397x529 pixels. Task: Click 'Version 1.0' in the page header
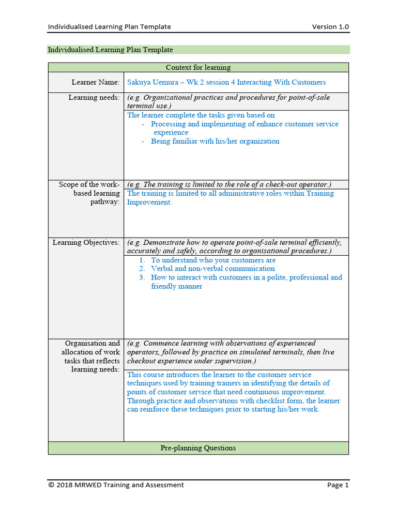pos(330,27)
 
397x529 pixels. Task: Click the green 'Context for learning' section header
pos(198,68)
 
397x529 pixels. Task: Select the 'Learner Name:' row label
pos(96,82)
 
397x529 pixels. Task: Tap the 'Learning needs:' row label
pos(94,98)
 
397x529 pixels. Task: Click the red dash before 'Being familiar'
pos(143,142)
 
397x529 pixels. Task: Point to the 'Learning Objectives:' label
pos(86,242)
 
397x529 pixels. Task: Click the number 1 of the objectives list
pos(142,260)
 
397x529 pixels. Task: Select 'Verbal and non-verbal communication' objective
pos(212,269)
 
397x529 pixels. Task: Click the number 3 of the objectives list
pos(142,277)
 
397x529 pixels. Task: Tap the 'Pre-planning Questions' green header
pos(198,448)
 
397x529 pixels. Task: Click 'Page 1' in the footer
pos(338,485)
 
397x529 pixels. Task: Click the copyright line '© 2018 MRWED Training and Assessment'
pos(116,485)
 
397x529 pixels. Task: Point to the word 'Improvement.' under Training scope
pos(149,203)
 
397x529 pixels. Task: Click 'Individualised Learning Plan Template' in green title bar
pos(110,50)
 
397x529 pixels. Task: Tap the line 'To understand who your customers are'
pos(213,260)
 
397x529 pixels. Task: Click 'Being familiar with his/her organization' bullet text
pos(215,142)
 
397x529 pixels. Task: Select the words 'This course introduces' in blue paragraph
pos(164,375)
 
